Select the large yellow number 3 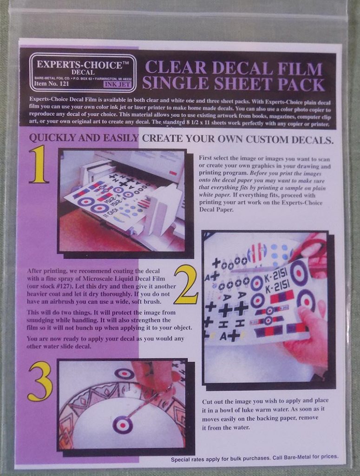coord(40,381)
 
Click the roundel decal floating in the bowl coord(123,424)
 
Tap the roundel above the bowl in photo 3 coord(124,373)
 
